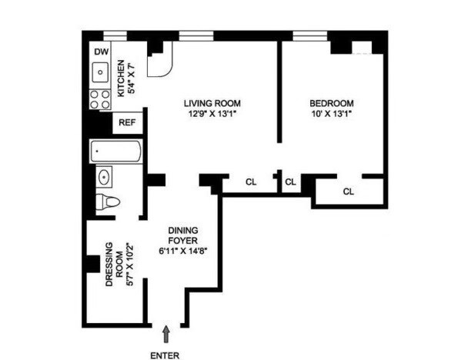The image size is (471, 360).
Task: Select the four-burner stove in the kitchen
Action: click(100, 98)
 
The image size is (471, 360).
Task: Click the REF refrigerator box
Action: click(126, 122)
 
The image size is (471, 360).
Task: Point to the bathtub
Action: click(115, 152)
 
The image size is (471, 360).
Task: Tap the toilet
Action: click(109, 202)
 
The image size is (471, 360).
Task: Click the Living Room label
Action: click(212, 102)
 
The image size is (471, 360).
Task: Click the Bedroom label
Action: click(331, 102)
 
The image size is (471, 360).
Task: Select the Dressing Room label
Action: click(112, 265)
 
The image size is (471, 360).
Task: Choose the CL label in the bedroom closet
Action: click(348, 191)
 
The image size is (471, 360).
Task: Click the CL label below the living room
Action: click(251, 182)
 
